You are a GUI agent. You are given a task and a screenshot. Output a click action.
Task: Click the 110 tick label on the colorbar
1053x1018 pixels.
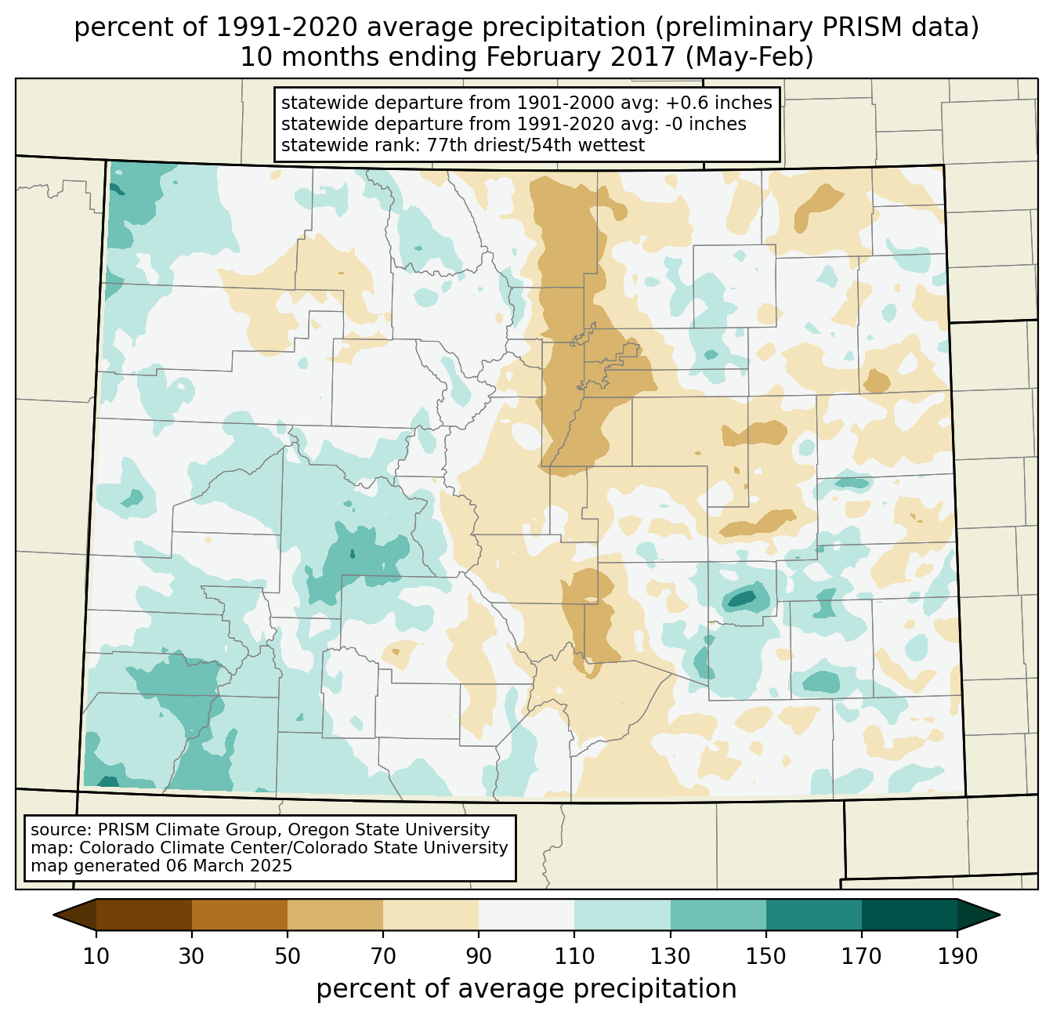(574, 957)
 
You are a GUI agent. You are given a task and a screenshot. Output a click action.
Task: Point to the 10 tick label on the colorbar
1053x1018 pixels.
(96, 957)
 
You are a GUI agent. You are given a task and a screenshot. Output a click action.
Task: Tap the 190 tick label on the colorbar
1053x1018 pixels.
(957, 957)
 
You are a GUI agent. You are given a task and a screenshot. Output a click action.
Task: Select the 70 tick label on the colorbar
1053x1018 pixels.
(383, 957)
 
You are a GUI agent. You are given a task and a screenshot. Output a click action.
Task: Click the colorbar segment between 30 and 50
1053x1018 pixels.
(240, 915)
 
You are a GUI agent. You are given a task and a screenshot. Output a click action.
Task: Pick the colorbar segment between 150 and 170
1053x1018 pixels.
(813, 915)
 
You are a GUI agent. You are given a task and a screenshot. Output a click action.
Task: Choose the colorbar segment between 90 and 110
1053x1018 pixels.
(526, 915)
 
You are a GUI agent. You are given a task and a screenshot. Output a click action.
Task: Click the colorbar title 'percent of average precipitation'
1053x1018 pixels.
(526, 989)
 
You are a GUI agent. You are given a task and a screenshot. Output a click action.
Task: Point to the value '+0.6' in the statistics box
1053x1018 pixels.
(668, 103)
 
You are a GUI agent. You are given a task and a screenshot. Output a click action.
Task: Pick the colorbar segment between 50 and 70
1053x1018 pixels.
(335, 915)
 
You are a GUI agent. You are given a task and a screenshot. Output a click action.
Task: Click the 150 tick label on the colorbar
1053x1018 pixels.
(765, 957)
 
